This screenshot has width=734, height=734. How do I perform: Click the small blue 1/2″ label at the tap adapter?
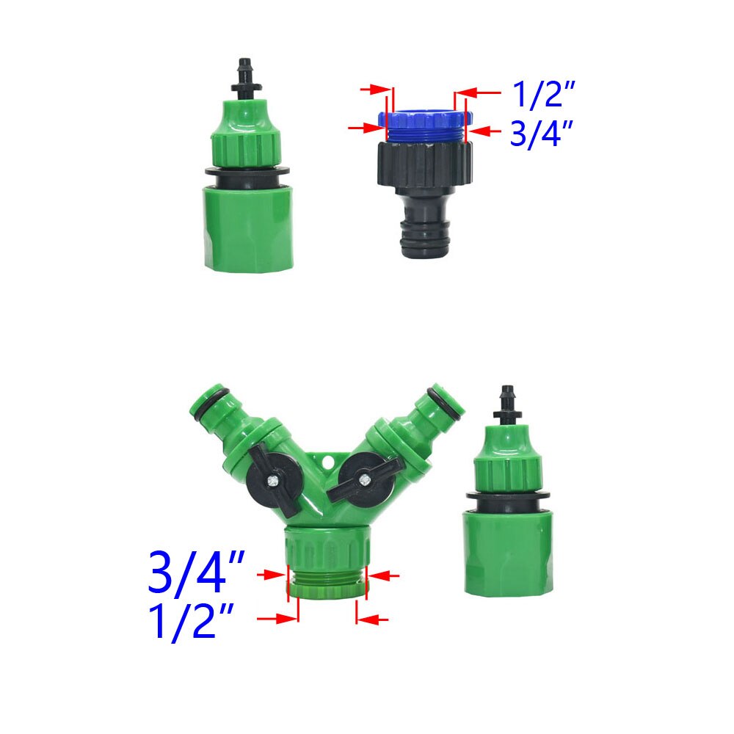[x=542, y=95]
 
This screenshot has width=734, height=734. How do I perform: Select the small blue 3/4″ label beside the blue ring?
[x=541, y=135]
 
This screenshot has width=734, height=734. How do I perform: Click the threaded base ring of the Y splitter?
[x=327, y=584]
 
